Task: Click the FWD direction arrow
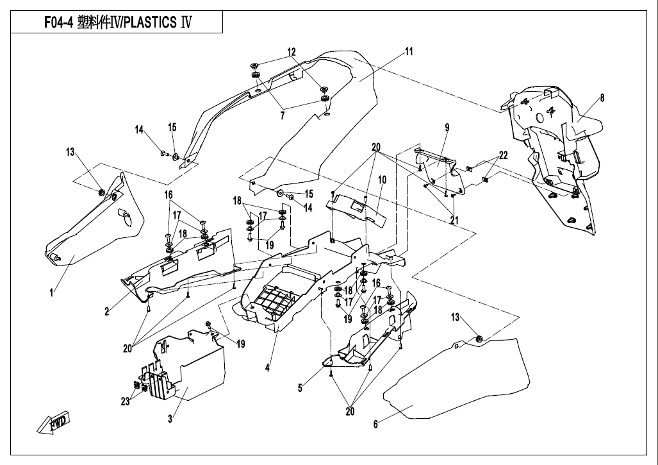(x=53, y=423)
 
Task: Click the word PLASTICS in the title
(x=149, y=22)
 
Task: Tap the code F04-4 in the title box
(x=59, y=22)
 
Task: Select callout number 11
(x=409, y=51)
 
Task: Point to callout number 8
(x=602, y=98)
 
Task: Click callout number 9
(x=447, y=127)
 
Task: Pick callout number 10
(x=382, y=180)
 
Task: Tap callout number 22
(x=503, y=155)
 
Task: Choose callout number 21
(x=454, y=220)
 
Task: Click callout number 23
(x=125, y=402)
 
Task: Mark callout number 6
(x=375, y=424)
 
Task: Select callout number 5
(x=300, y=387)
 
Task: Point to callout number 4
(x=267, y=368)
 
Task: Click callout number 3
(x=170, y=419)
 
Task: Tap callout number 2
(x=107, y=311)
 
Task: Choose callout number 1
(x=52, y=292)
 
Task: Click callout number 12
(x=292, y=52)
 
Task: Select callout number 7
(x=283, y=115)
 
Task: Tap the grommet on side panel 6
(x=479, y=339)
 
